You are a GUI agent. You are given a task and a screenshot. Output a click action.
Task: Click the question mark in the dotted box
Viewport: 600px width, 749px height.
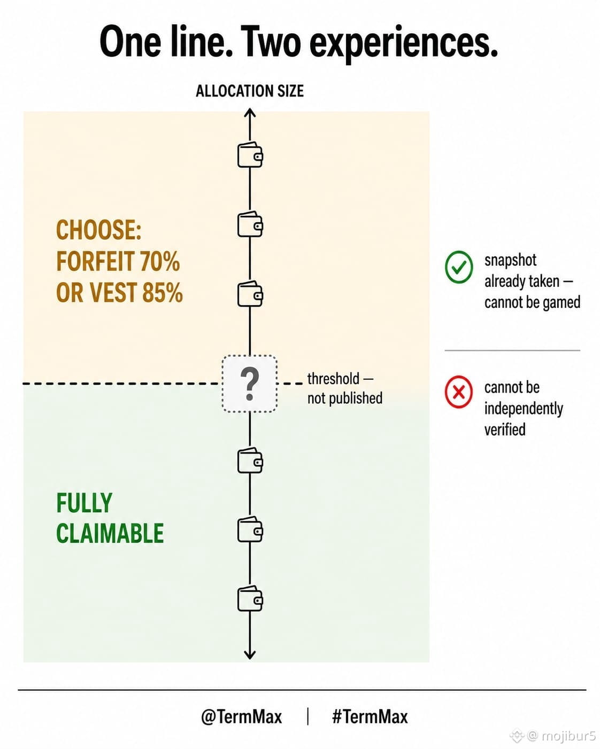coord(250,385)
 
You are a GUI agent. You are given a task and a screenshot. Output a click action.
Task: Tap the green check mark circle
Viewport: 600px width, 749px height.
coord(459,267)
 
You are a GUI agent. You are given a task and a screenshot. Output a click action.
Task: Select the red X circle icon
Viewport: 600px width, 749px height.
coord(459,392)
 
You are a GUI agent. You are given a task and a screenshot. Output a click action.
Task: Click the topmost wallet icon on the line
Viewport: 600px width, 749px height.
coord(250,155)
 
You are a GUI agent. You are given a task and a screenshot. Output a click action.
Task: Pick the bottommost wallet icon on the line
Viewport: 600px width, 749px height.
coord(250,599)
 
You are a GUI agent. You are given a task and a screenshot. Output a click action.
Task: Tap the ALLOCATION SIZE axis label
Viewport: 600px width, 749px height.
coord(250,91)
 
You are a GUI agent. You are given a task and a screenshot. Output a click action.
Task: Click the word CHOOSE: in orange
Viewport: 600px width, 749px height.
coord(98,230)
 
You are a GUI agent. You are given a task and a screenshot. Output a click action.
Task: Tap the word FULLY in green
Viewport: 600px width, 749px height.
coord(84,503)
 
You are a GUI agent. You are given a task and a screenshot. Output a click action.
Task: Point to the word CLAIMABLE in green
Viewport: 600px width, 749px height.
coord(110,533)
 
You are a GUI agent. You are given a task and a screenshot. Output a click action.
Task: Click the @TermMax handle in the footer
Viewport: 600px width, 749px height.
coord(242,716)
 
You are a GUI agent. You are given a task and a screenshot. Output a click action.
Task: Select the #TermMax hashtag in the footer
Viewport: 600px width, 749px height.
coord(370,716)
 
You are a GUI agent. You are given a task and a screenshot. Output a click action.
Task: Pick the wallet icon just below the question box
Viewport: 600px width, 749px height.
coord(250,461)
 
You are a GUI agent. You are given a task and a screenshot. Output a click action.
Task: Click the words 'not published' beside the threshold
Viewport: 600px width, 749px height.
coord(344,398)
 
